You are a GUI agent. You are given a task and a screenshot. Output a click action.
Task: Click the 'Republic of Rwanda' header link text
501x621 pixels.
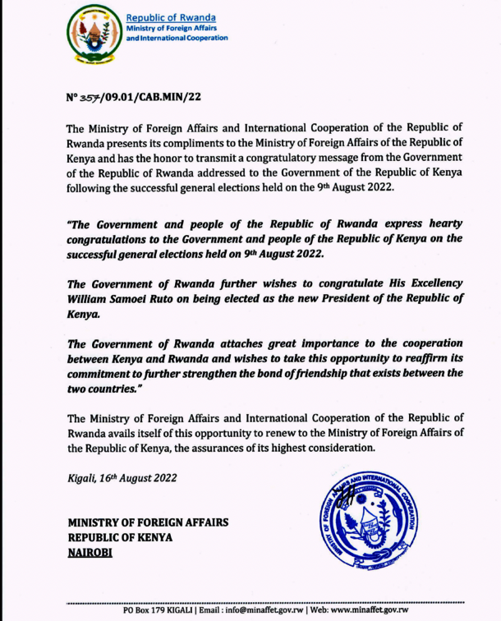(x=170, y=18)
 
